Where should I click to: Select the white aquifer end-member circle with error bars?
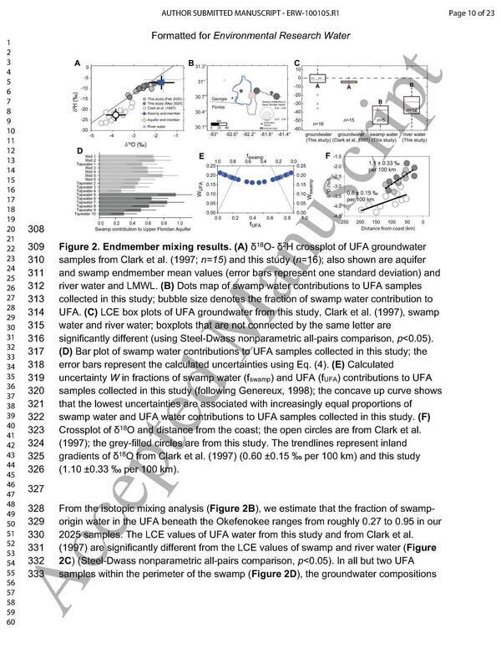pyautogui.click(x=117, y=113)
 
